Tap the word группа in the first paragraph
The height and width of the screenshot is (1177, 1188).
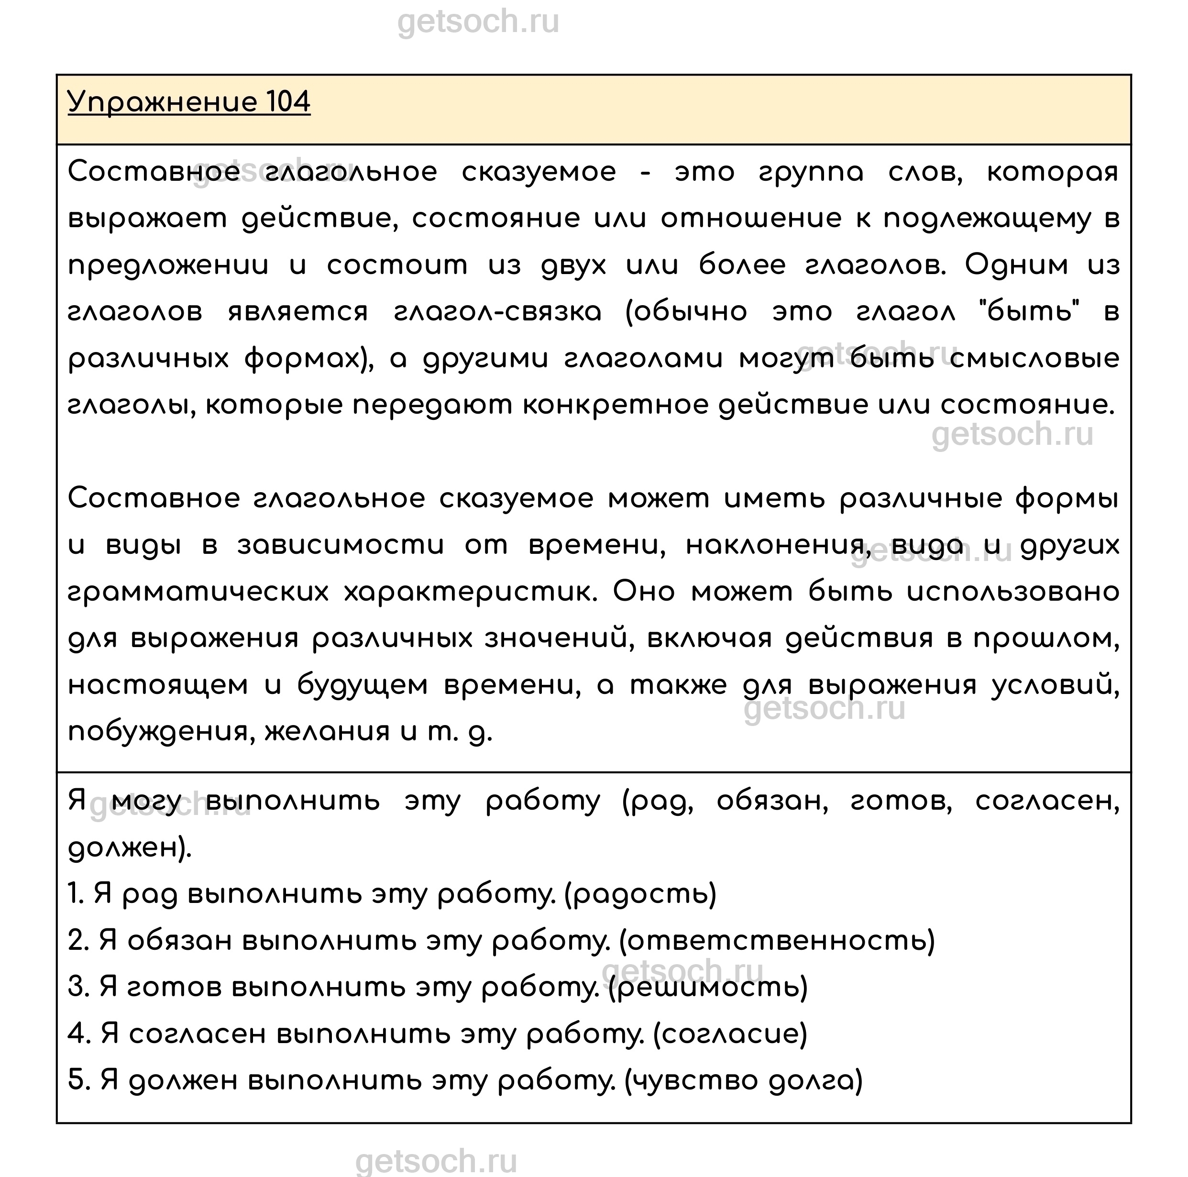pyautogui.click(x=811, y=172)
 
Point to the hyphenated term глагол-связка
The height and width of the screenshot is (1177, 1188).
pyautogui.click(x=497, y=312)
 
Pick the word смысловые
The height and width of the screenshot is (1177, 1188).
pyautogui.click(x=1034, y=359)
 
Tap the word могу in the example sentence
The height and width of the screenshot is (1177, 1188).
pyautogui.click(x=148, y=802)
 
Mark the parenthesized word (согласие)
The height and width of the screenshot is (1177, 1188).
pyautogui.click(x=729, y=1034)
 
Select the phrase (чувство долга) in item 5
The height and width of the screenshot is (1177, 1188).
pyautogui.click(x=743, y=1081)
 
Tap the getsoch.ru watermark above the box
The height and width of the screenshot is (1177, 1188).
pyautogui.click(x=478, y=23)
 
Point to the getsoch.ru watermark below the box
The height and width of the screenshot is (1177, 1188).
pyautogui.click(x=436, y=1162)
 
